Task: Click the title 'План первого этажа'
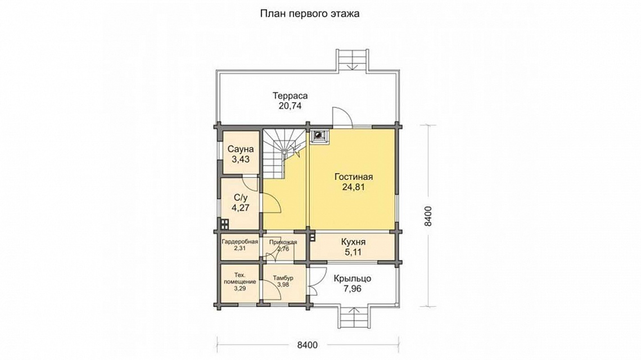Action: coord(310,14)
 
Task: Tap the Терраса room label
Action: coord(290,96)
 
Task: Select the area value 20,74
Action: coord(290,106)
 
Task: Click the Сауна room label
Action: coord(241,149)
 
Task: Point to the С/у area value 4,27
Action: coord(241,208)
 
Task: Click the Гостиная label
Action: coord(354,177)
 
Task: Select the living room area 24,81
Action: coord(354,187)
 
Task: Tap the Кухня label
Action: coord(353,242)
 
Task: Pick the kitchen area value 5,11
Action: coord(353,252)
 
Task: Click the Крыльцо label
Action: coord(353,278)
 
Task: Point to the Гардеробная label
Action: coord(240,242)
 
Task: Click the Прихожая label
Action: coord(283,242)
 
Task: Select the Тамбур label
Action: coord(283,278)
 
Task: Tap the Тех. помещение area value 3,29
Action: coord(240,289)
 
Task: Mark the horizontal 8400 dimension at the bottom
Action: coord(307,345)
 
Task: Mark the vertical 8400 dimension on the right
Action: coord(427,216)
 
